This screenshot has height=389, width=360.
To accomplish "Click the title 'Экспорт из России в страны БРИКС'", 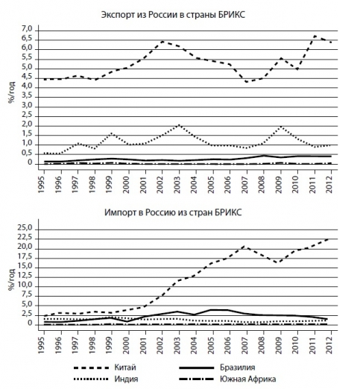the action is [x=173, y=15].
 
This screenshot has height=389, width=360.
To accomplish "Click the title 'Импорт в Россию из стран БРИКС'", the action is [x=173, y=212].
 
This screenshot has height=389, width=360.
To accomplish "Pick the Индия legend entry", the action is [x=106, y=379].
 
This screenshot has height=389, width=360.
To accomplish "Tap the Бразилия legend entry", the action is [x=217, y=367].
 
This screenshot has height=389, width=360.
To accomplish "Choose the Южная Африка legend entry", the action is [x=227, y=379].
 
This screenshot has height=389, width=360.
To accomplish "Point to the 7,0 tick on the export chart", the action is [x=28, y=29].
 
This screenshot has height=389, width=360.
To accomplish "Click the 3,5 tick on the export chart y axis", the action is [x=28, y=96].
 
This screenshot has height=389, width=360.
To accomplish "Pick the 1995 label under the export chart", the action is [x=42, y=185].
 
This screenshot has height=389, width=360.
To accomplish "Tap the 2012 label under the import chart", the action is [x=329, y=345].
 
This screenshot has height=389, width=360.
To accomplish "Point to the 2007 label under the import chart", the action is [x=245, y=345].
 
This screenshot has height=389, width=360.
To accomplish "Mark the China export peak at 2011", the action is [x=315, y=36].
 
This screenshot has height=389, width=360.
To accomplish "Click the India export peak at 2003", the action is [x=179, y=125].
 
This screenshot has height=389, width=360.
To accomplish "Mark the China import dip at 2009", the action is [x=280, y=262].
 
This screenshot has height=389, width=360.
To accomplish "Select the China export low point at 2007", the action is [x=247, y=82].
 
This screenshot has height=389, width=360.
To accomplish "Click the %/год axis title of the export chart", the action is [x=11, y=92].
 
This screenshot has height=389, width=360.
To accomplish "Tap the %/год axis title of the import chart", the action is [x=11, y=279].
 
